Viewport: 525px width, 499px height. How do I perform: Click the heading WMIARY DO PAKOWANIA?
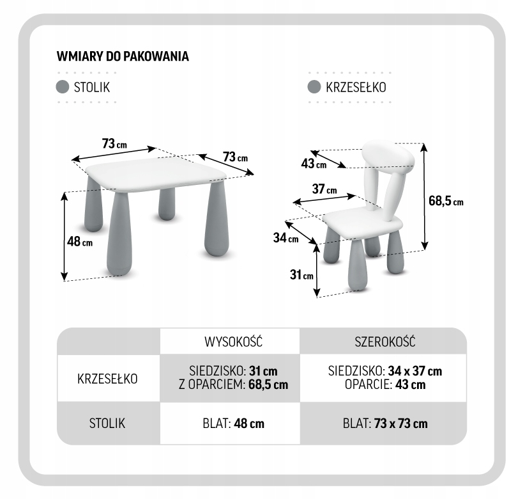pyautogui.click(x=123, y=56)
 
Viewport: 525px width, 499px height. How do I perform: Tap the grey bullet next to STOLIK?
pyautogui.click(x=63, y=87)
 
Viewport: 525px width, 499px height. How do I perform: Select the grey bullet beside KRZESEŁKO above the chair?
pyautogui.click(x=314, y=87)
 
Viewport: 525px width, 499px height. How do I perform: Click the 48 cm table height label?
pyautogui.click(x=79, y=242)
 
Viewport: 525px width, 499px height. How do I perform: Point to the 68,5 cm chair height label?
pyautogui.click(x=445, y=201)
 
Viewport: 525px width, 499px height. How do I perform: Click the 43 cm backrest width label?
pyautogui.click(x=313, y=164)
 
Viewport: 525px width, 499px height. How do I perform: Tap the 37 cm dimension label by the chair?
pyautogui.click(x=324, y=189)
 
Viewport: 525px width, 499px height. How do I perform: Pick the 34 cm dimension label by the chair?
pyautogui.click(x=285, y=239)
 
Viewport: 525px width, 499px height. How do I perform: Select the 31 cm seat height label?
pyautogui.click(x=301, y=275)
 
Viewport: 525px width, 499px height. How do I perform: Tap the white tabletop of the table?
pyautogui.click(x=156, y=173)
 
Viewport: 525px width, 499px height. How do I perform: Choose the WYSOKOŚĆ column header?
pyautogui.click(x=229, y=341)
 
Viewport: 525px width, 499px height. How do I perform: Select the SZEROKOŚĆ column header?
pyautogui.click(x=384, y=341)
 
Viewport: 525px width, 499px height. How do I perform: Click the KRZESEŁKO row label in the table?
pyautogui.click(x=107, y=377)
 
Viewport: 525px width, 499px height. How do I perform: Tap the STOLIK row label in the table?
pyautogui.click(x=107, y=423)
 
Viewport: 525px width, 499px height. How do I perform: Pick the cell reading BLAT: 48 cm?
pyautogui.click(x=229, y=424)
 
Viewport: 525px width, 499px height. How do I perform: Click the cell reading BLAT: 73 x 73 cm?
pyautogui.click(x=384, y=424)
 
